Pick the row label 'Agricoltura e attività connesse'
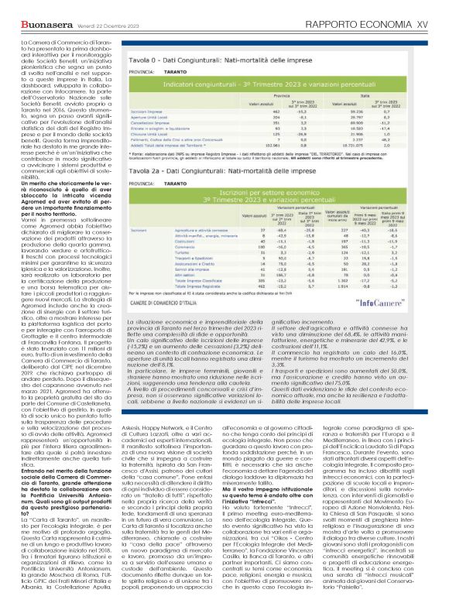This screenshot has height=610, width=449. [x=197, y=229]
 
